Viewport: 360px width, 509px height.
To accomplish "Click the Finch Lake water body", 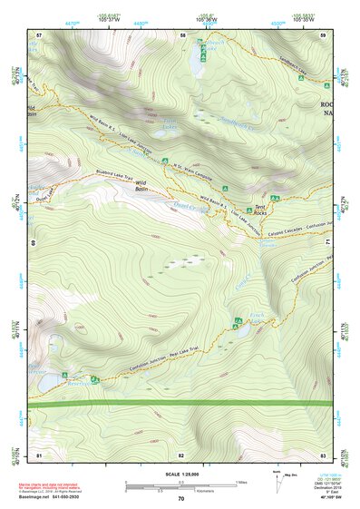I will point(243,330).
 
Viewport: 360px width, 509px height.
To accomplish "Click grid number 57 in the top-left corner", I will point(38,35).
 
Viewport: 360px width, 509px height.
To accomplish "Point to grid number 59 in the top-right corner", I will point(322,35).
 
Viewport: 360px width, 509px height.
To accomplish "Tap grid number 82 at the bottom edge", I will point(181,454).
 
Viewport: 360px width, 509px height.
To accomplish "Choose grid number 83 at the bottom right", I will point(322,454).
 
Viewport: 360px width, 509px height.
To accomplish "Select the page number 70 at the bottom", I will point(180,499).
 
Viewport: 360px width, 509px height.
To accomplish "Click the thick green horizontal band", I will point(180,403).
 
